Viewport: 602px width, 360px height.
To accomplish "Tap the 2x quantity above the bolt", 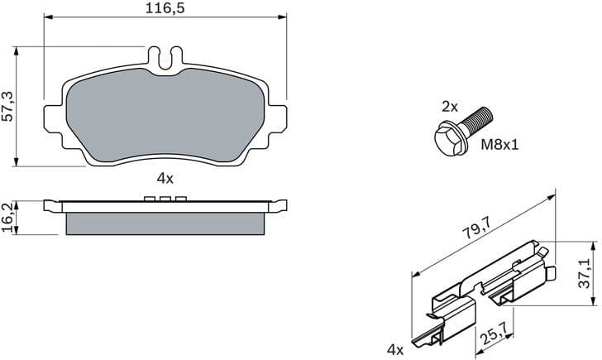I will point(449,106).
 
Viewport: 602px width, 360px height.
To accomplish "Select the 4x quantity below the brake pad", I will point(164,177).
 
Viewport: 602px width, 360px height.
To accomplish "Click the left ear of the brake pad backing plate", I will point(51,116).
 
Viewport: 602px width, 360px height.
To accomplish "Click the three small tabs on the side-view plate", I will point(164,198).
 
